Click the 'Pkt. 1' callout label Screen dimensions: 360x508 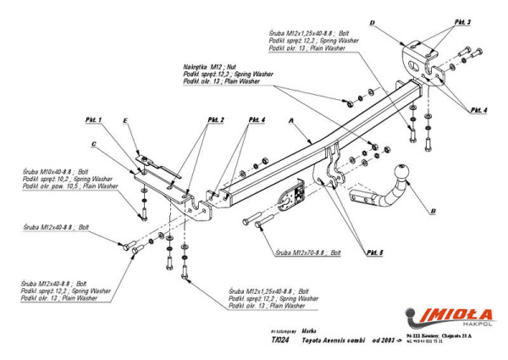tap(93, 119)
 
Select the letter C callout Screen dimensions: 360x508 tap(95, 143)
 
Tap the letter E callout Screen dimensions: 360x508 tap(125, 122)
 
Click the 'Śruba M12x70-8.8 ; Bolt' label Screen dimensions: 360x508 tap(307, 252)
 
